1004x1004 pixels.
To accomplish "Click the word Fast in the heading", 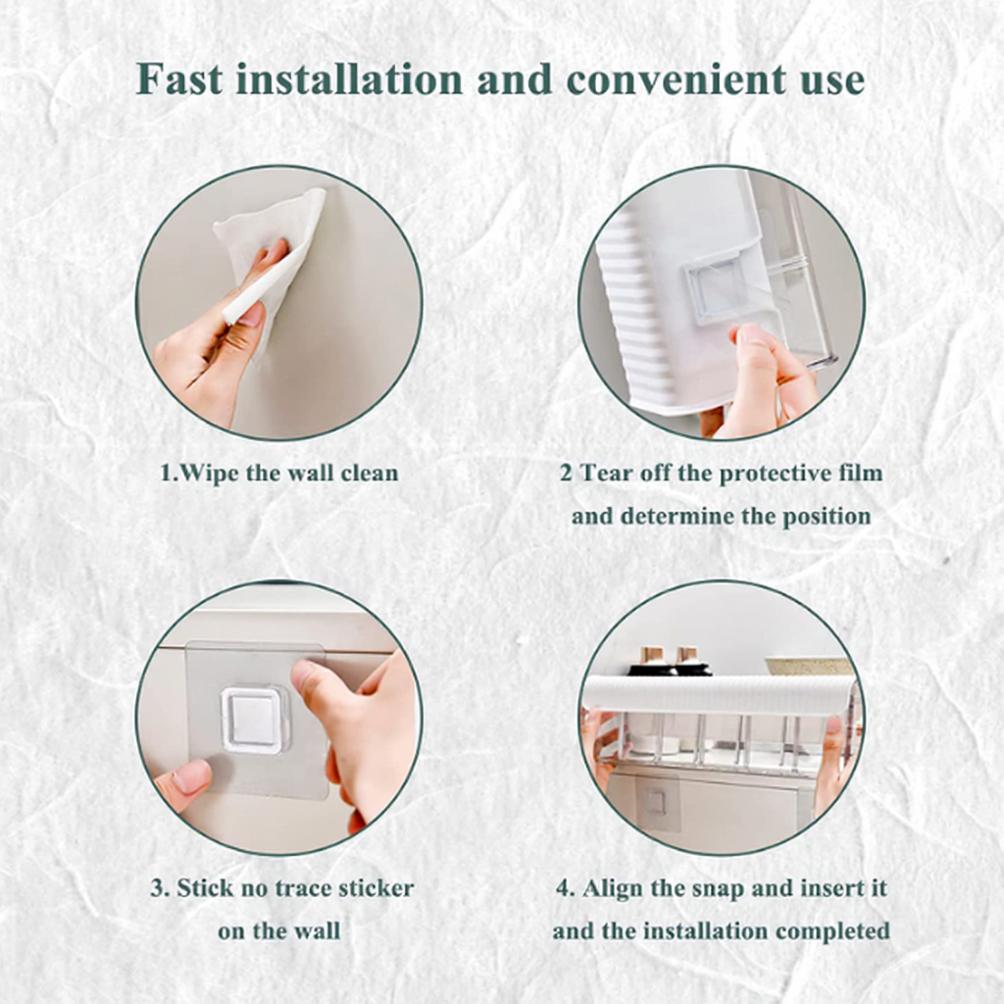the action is tap(180, 79).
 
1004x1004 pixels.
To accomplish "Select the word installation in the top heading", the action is tap(349, 79).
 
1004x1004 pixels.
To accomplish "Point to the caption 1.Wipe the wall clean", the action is tap(279, 474).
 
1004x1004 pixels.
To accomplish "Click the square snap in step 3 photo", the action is tap(255, 720).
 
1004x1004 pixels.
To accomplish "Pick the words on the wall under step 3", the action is tap(279, 930).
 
